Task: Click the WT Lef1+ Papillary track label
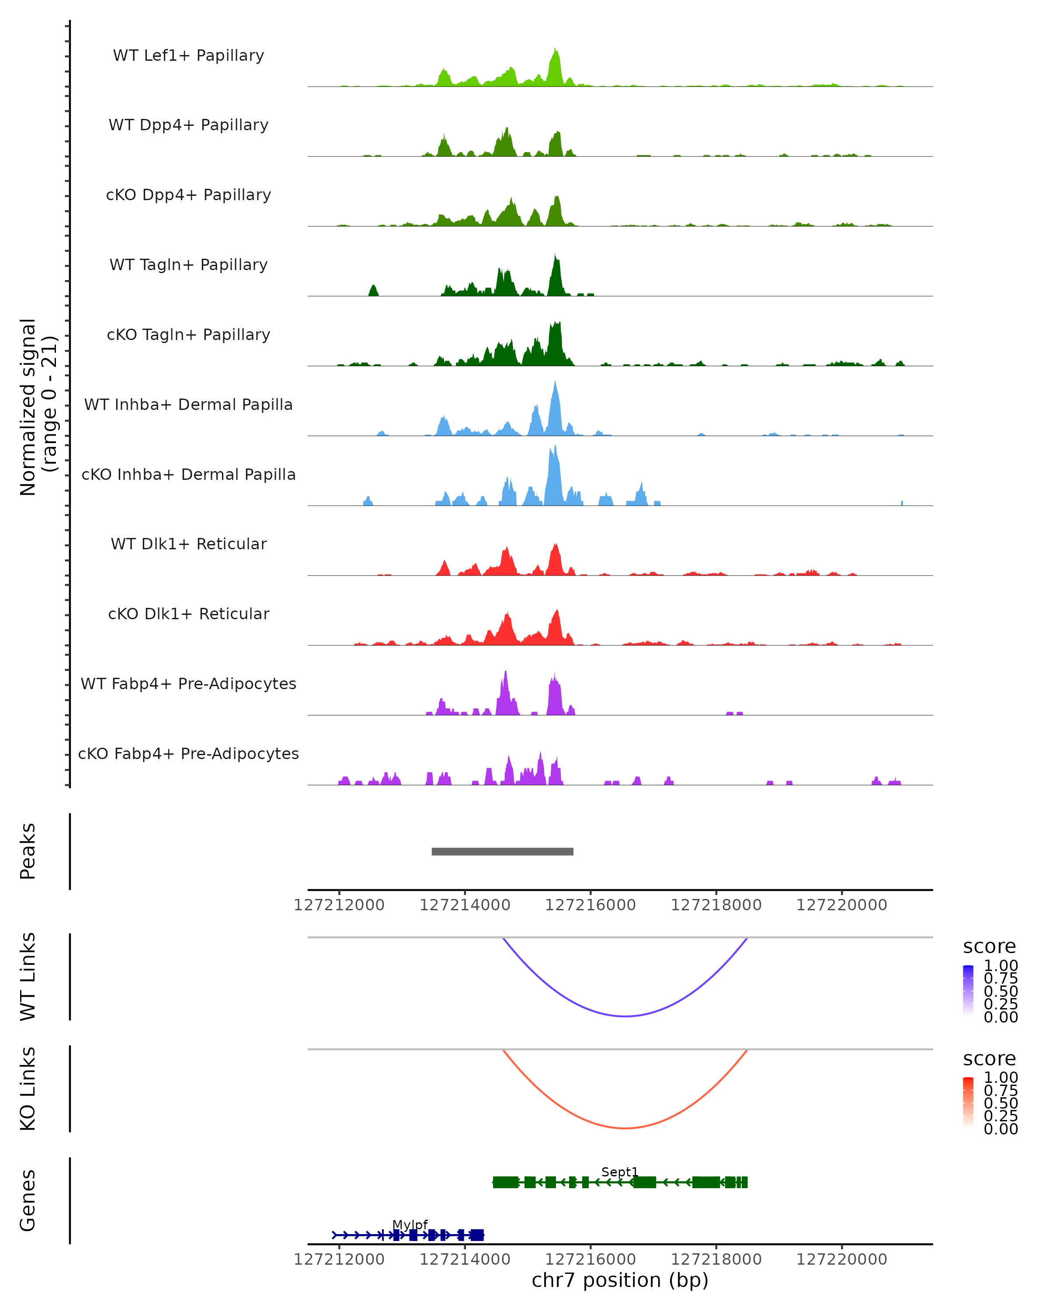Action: (x=188, y=55)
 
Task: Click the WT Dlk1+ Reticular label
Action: (x=188, y=544)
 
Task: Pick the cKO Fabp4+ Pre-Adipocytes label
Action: (x=188, y=753)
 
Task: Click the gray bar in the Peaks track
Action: (x=502, y=851)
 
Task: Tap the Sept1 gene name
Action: (x=620, y=1172)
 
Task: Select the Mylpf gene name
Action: (x=410, y=1224)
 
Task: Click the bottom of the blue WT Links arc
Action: (x=625, y=1016)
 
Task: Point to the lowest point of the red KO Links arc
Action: (x=625, y=1128)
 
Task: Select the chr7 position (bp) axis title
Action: (x=620, y=1280)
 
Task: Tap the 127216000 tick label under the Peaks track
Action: (x=590, y=905)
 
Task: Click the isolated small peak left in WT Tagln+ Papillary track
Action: (x=373, y=290)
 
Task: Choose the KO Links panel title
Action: (x=28, y=1089)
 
